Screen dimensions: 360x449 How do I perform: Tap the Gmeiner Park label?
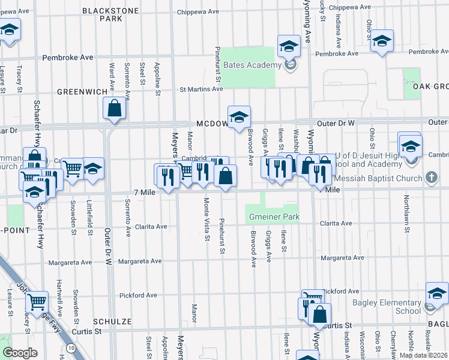(273, 216)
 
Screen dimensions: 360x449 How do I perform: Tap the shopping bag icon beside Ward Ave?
(114, 109)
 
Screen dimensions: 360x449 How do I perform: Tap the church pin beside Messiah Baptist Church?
(430, 178)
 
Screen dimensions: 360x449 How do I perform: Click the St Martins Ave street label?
(202, 89)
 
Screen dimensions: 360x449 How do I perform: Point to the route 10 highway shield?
(71, 348)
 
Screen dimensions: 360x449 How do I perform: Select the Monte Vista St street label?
(206, 220)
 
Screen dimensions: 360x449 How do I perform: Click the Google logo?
(20, 353)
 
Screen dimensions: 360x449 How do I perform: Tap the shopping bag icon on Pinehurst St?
(225, 176)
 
